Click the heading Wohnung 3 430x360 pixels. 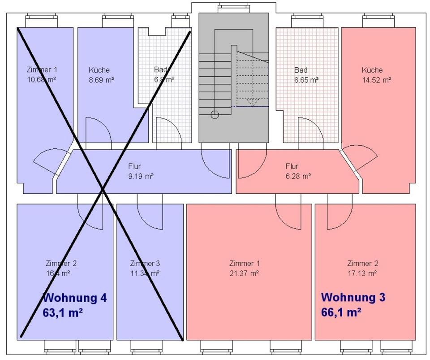point(353,297)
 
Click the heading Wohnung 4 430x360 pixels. point(74,298)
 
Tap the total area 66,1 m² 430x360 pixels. point(341,312)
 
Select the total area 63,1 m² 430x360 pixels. point(63,312)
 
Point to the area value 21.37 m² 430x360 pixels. point(244,273)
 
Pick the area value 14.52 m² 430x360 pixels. point(376,80)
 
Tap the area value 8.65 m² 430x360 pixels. point(306,80)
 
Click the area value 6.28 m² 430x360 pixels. point(298,176)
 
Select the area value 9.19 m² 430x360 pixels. point(141,176)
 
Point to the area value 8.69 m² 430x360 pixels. point(101,80)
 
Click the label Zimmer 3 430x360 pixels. point(145,263)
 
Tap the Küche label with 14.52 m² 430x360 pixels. point(372,70)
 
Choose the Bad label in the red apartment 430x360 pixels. point(301,70)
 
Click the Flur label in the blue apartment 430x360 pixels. point(134,166)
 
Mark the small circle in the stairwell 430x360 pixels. point(215,114)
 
